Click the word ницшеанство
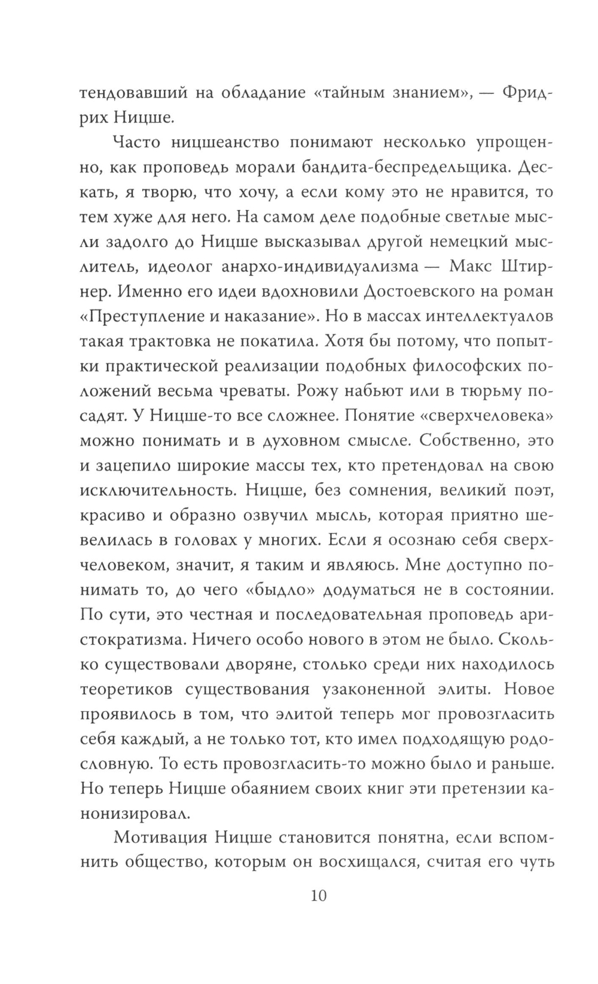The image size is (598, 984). [x=228, y=142]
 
